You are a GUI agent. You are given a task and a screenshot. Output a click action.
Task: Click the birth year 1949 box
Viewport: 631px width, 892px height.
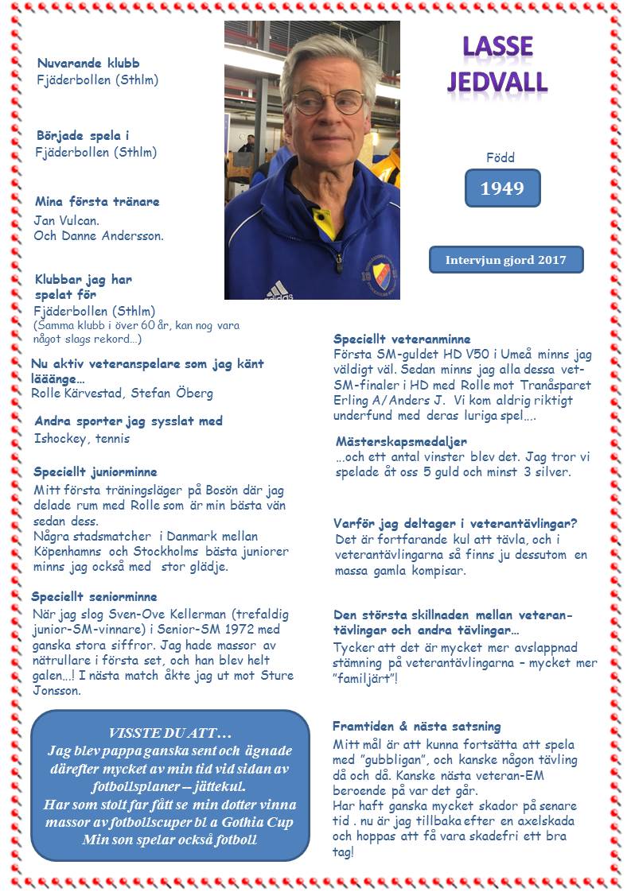click(502, 188)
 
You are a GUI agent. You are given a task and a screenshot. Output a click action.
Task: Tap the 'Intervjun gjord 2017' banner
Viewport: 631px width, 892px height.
click(505, 260)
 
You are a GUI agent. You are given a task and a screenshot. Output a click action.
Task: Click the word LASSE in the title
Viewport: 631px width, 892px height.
click(498, 47)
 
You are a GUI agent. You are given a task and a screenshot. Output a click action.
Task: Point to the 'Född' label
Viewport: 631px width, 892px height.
click(501, 157)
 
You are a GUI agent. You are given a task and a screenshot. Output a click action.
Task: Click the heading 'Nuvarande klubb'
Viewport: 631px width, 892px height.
click(88, 64)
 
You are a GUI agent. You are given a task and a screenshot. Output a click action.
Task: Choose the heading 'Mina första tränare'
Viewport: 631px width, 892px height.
click(97, 202)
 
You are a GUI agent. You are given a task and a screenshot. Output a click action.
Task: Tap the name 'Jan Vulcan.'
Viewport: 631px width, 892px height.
click(66, 219)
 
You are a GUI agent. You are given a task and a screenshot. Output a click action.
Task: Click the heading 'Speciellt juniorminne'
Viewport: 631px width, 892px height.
click(95, 472)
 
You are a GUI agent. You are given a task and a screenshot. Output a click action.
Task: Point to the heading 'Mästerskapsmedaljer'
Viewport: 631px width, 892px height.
click(401, 441)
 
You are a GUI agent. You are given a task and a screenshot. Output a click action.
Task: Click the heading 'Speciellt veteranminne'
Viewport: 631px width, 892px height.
click(402, 339)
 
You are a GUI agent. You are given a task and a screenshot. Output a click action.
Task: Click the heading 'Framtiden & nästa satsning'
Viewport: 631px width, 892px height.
click(416, 726)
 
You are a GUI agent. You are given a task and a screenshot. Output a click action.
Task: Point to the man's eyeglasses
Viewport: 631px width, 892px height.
click(328, 101)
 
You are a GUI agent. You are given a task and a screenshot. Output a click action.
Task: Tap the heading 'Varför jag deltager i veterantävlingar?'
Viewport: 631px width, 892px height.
click(455, 523)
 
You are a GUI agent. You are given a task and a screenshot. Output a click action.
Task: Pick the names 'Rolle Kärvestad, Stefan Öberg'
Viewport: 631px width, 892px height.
click(122, 394)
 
